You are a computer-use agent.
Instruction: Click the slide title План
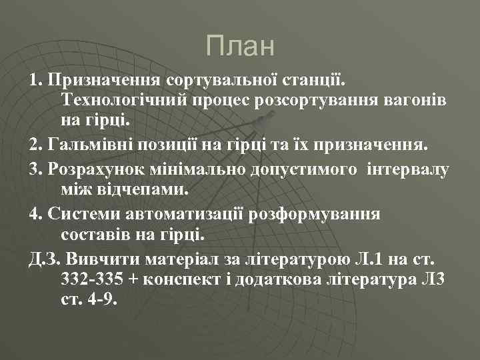pos(240,46)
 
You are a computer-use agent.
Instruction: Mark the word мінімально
pos(199,168)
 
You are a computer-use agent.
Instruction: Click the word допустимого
pos(303,169)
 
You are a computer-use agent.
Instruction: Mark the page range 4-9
pos(101,299)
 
